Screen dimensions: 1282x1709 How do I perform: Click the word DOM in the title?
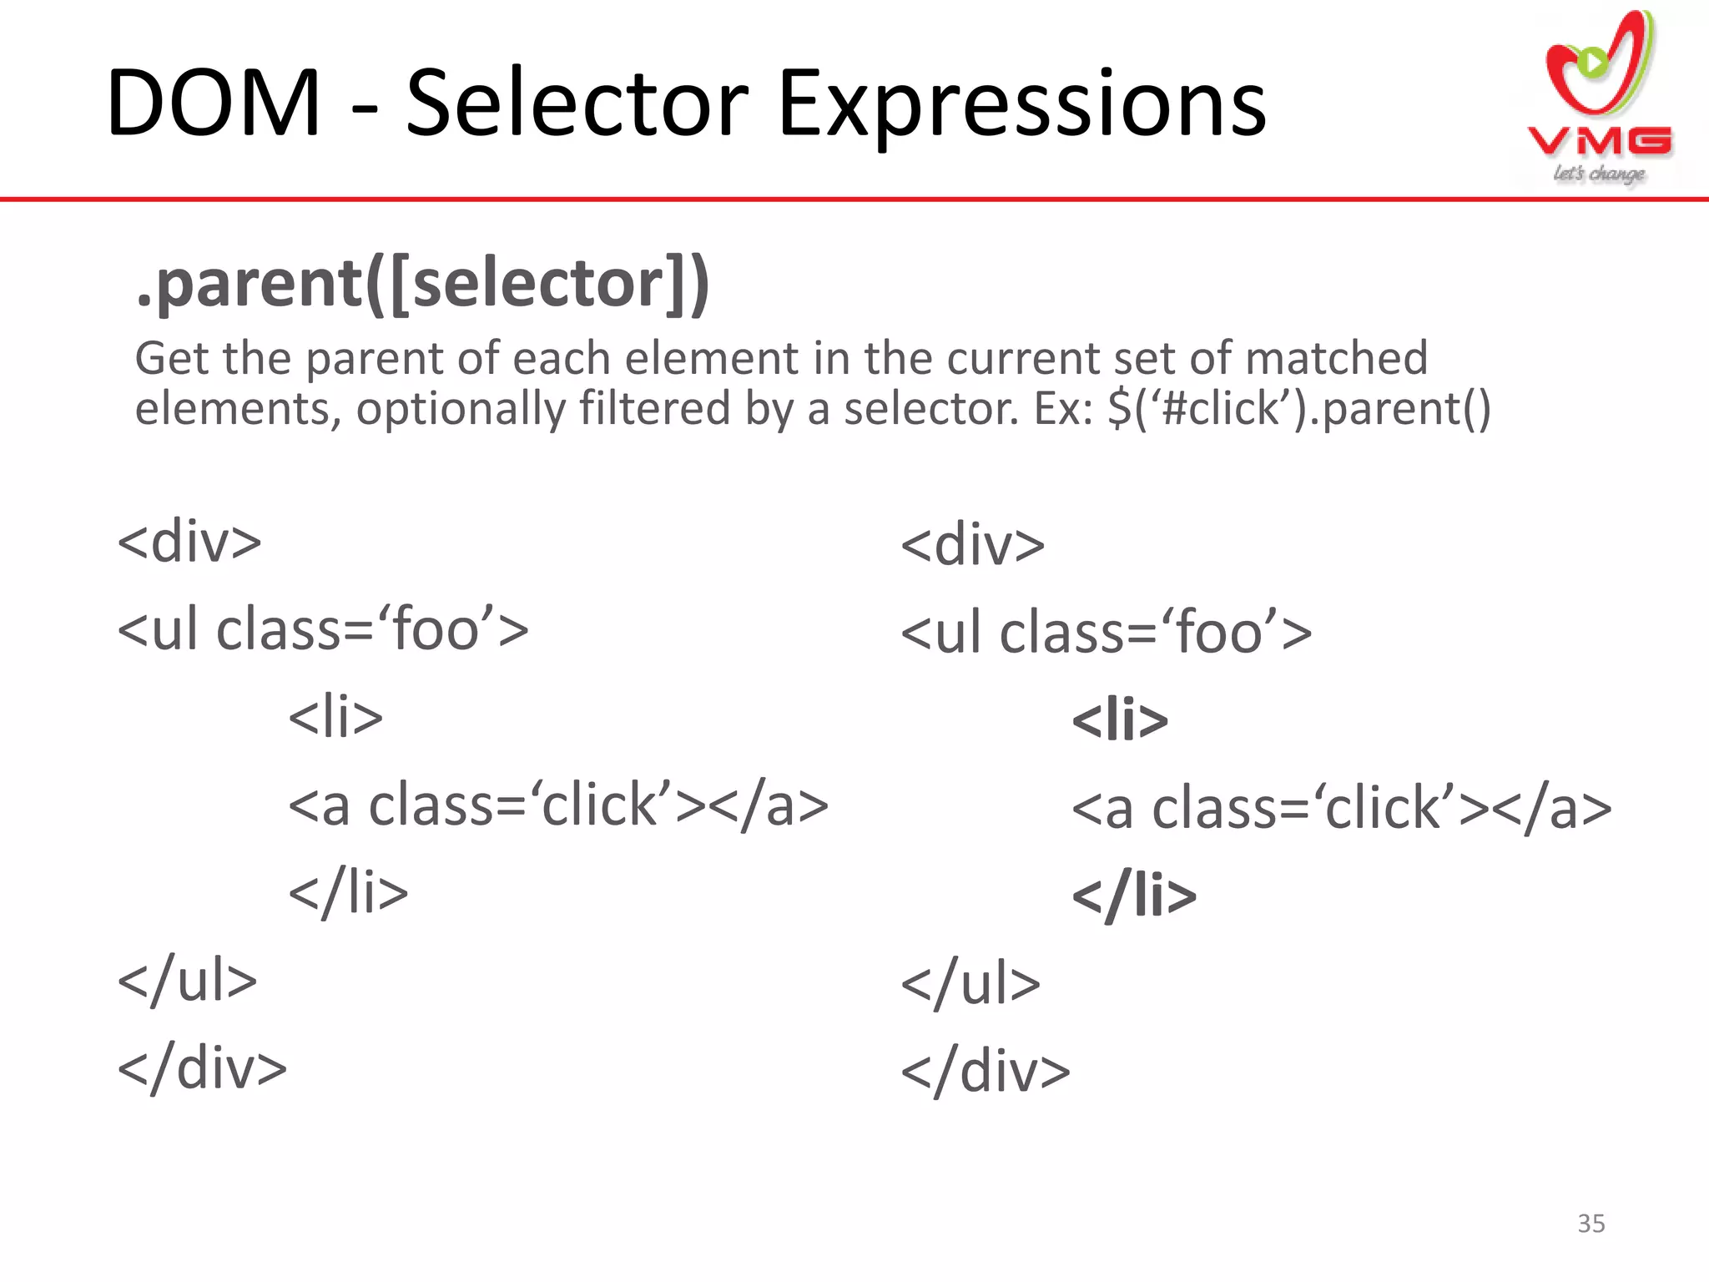(214, 103)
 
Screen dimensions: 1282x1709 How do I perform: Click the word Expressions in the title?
(1021, 105)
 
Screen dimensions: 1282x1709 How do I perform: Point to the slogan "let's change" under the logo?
(1599, 174)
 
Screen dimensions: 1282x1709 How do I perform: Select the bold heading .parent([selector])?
(422, 284)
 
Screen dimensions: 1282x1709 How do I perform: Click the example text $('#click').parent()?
(1298, 409)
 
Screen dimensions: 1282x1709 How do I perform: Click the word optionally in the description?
(460, 409)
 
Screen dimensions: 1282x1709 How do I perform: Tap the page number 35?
(1591, 1224)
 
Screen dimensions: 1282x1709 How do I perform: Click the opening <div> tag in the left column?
(189, 543)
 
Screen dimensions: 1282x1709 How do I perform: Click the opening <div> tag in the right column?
(973, 546)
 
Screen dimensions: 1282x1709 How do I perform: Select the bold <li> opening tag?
(1120, 721)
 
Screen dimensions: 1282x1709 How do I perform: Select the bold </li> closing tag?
(1134, 896)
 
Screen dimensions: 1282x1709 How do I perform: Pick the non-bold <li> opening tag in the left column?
(335, 718)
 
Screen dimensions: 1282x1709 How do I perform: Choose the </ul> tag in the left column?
(188, 980)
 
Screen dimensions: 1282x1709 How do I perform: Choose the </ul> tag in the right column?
(970, 984)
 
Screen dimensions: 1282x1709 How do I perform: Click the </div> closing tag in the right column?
(986, 1072)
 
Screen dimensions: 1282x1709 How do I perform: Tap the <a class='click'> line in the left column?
(558, 805)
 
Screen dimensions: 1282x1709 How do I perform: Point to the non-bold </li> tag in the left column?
(348, 893)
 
